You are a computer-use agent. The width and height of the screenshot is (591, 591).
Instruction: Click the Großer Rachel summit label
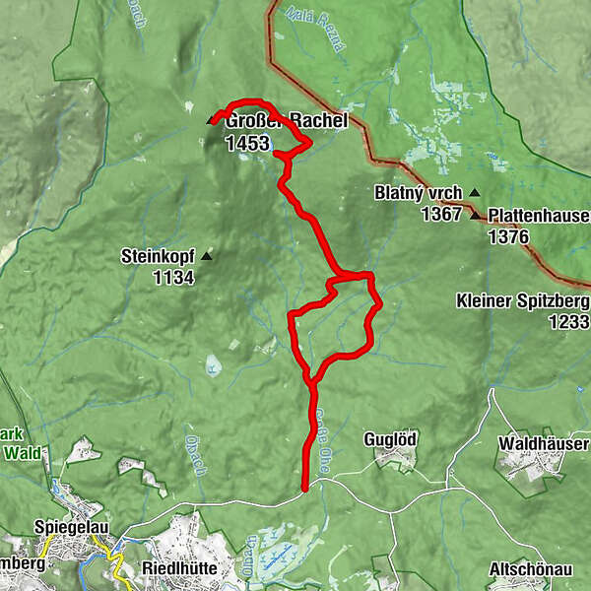click(x=287, y=121)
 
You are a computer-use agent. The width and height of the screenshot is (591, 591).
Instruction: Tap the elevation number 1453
click(x=246, y=143)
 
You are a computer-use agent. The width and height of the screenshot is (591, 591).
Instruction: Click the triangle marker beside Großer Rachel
click(x=209, y=121)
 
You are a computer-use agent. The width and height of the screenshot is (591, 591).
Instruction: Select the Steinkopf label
click(x=157, y=257)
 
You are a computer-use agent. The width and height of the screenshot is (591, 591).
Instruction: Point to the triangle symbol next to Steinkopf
click(x=207, y=257)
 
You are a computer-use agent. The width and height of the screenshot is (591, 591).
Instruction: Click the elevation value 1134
click(x=173, y=278)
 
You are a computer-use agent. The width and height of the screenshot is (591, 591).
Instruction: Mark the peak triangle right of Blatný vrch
click(x=475, y=193)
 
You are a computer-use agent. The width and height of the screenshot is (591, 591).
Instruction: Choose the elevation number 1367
click(x=441, y=214)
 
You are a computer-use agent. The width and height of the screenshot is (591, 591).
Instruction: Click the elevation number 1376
click(x=508, y=236)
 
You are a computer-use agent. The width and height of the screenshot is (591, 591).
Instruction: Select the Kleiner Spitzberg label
click(x=523, y=300)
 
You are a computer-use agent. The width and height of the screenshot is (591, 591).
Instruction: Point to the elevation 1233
click(x=569, y=322)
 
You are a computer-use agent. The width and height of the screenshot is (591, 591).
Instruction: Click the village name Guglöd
click(x=391, y=438)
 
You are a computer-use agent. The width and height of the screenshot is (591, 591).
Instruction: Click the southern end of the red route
click(x=304, y=487)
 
